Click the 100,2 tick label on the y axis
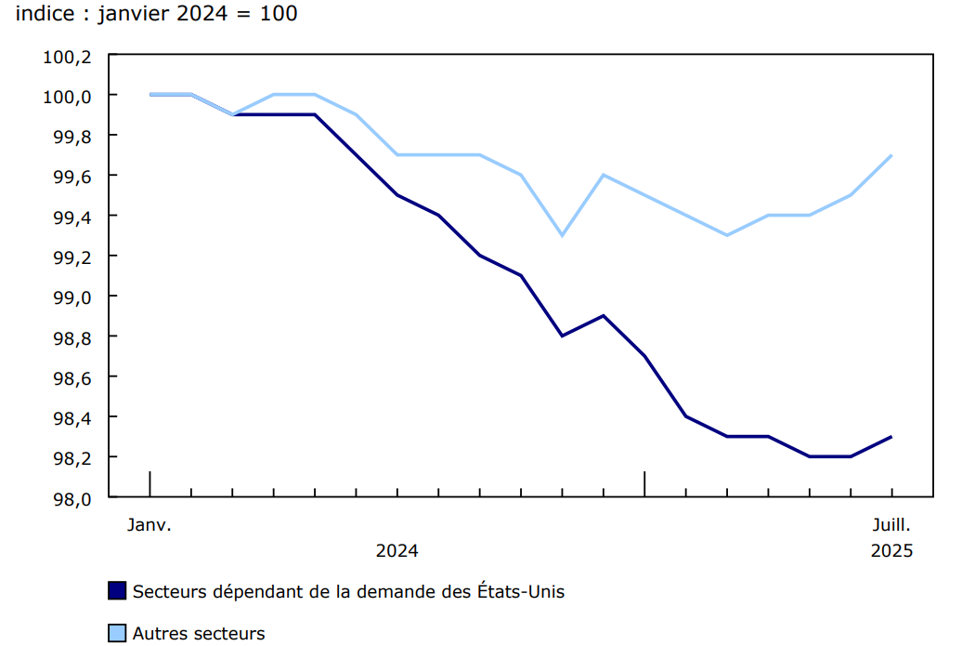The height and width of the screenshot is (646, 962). (x=67, y=57)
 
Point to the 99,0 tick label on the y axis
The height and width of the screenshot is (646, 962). (x=71, y=297)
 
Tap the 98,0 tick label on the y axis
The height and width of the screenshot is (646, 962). (x=71, y=498)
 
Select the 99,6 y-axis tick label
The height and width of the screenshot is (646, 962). (x=71, y=177)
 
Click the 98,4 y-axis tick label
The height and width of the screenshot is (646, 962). (x=71, y=417)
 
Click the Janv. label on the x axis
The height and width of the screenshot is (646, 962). (x=149, y=524)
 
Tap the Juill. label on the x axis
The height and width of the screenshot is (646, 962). (x=891, y=524)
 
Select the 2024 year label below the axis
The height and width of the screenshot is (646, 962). (x=396, y=550)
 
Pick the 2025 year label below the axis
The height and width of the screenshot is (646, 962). (x=891, y=550)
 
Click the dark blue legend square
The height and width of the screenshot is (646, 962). (x=117, y=591)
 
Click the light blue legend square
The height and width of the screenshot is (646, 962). (x=117, y=634)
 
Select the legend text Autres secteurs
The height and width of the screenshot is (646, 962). (x=199, y=634)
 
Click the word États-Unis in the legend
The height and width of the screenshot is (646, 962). (x=520, y=591)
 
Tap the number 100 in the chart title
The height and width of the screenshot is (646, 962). (x=279, y=14)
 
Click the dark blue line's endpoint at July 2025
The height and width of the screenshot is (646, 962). (x=891, y=437)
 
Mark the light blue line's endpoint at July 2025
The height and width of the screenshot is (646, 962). (x=891, y=155)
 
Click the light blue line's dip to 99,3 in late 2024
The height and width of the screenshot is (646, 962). (x=562, y=235)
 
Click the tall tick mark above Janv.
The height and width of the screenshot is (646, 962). (x=149, y=483)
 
